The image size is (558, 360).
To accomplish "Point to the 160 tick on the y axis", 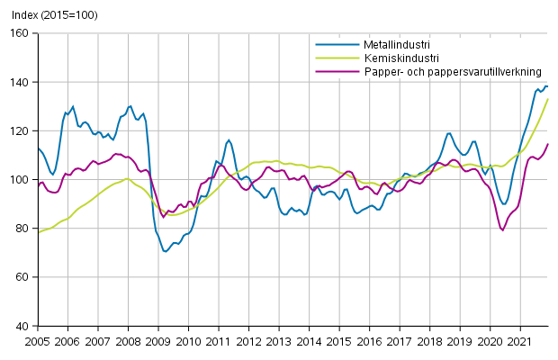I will [21, 33].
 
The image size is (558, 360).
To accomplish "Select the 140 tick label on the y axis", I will [21, 82].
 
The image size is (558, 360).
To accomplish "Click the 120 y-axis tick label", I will [21, 130].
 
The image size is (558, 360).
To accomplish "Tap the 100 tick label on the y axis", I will [21, 179].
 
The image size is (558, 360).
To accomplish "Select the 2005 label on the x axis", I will [37, 342].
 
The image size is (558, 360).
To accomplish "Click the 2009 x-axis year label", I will [158, 342].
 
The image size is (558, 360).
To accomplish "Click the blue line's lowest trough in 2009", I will [166, 251].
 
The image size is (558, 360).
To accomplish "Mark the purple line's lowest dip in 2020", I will [502, 229].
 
